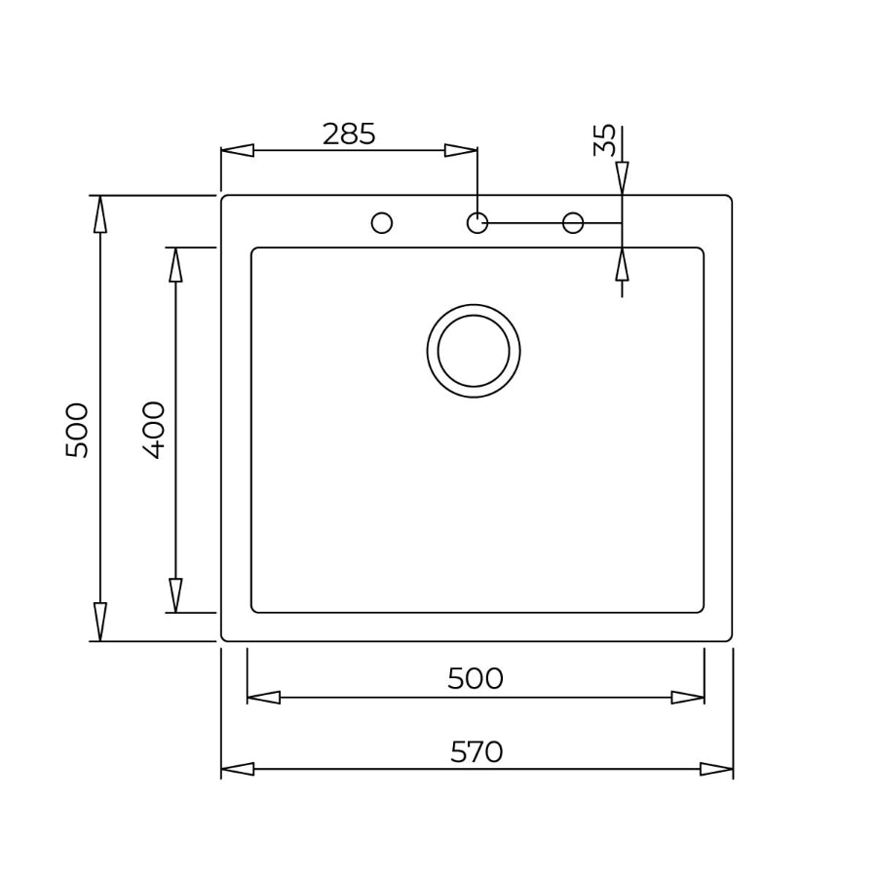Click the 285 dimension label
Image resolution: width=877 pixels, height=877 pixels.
pos(349,134)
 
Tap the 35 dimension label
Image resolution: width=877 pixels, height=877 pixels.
pos(604,140)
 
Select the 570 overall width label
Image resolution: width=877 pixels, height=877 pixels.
pos(477,752)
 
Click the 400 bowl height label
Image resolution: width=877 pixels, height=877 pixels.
pos(154,430)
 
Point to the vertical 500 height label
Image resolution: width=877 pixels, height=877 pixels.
pos(77,430)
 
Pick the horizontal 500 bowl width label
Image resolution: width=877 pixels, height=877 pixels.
pos(476,679)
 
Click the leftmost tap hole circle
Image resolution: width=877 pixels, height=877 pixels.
pos(382,223)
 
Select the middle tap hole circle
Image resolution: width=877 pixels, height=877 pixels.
pos(477,223)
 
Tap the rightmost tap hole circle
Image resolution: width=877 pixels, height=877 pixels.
pos(573,223)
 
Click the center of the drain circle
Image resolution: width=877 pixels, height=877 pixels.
pos(474,351)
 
